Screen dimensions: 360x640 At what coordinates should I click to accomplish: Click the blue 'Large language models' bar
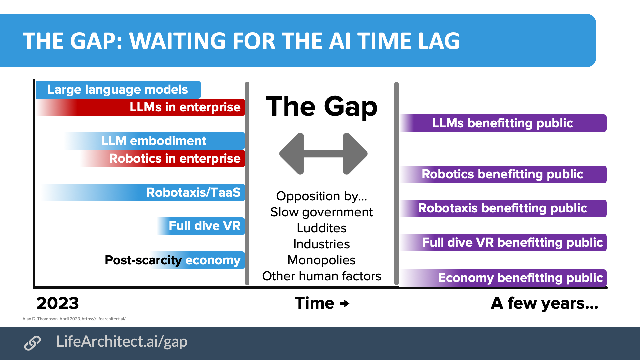click(118, 90)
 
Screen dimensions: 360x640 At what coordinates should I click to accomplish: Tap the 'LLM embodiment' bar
click(154, 141)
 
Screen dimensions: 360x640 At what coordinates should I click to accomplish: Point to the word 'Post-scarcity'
click(143, 260)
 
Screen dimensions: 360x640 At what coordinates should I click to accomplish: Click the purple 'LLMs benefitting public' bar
click(502, 123)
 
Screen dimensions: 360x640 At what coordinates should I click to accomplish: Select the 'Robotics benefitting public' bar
click(502, 174)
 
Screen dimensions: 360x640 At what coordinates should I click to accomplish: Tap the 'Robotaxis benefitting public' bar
click(502, 208)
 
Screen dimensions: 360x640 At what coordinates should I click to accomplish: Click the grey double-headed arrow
click(323, 154)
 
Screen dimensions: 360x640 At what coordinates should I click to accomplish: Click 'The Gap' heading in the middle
click(322, 106)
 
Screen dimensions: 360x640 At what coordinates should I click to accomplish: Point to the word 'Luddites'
click(322, 228)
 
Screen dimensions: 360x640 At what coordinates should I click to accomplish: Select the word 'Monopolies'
click(322, 260)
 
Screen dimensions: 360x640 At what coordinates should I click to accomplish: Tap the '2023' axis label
click(58, 303)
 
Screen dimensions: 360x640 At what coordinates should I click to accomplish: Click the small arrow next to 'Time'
click(345, 304)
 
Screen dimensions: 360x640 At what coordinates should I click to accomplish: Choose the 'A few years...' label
click(544, 303)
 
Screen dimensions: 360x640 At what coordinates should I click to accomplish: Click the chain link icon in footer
click(32, 343)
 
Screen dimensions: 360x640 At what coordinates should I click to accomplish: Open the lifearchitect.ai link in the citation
click(104, 319)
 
